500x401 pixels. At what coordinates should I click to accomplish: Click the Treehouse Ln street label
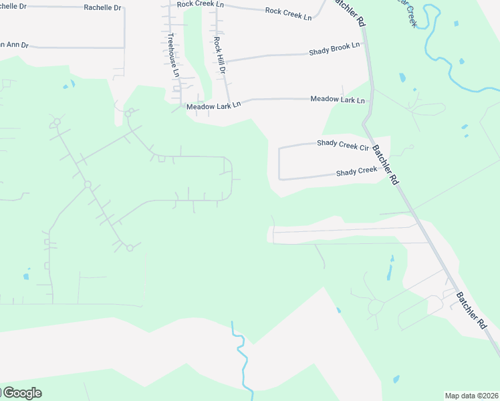[174, 55]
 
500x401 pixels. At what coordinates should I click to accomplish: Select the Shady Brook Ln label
[334, 49]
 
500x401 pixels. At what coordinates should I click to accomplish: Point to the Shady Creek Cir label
[343, 144]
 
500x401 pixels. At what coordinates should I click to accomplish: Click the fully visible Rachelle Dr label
[103, 8]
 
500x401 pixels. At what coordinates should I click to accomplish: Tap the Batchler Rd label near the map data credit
[472, 309]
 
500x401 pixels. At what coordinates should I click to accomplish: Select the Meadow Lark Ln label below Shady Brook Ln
[338, 100]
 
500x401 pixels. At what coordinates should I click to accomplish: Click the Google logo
[21, 393]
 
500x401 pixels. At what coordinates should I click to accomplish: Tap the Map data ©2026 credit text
[471, 396]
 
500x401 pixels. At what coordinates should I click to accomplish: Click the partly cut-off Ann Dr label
[13, 45]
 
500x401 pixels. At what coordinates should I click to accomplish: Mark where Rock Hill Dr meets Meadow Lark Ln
[231, 102]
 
